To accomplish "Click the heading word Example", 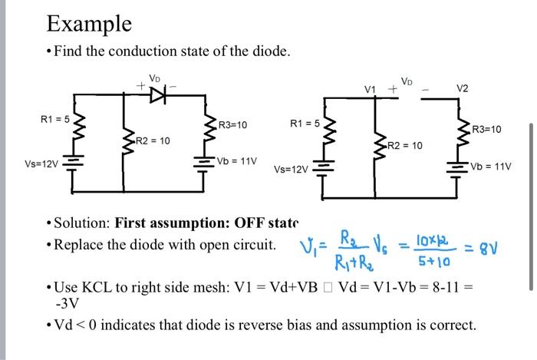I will [89, 23].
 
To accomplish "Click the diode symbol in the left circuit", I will [157, 94].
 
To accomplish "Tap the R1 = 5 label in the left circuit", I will [55, 119].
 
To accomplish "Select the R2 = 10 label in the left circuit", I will [153, 140].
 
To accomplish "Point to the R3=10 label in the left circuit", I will [233, 124].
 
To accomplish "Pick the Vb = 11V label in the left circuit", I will [237, 161].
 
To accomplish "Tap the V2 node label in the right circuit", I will [462, 88].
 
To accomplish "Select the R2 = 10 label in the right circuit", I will [405, 145].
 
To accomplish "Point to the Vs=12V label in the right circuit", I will [292, 169].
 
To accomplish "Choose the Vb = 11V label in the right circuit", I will [491, 166].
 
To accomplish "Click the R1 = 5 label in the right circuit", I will [305, 123].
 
